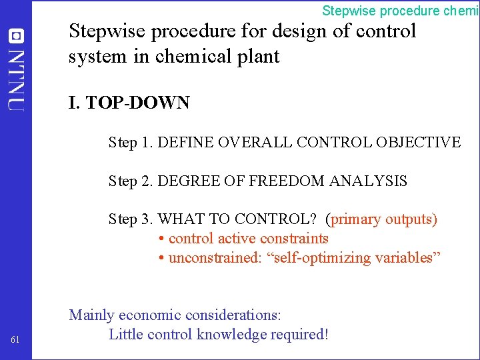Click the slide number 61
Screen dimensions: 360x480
pyautogui.click(x=15, y=341)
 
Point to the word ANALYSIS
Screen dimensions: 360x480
pyautogui.click(x=375, y=181)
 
